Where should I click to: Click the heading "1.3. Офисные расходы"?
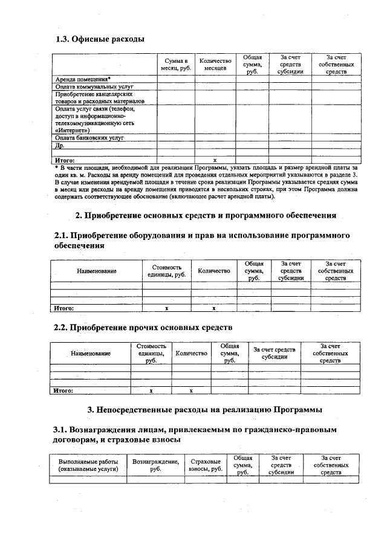point(100,40)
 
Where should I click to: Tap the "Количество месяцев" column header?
point(215,65)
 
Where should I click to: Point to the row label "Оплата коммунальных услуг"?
point(89,86)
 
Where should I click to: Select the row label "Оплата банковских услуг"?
point(89,138)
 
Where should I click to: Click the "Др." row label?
point(59,146)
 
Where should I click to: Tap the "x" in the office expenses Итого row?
point(215,160)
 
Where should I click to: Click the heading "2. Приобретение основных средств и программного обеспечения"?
point(205,215)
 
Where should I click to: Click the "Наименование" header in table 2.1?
point(96,272)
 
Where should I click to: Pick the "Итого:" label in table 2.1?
point(64,308)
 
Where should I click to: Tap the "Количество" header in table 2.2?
point(191,352)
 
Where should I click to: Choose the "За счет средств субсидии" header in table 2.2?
point(274,353)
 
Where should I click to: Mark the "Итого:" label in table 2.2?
point(63,390)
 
